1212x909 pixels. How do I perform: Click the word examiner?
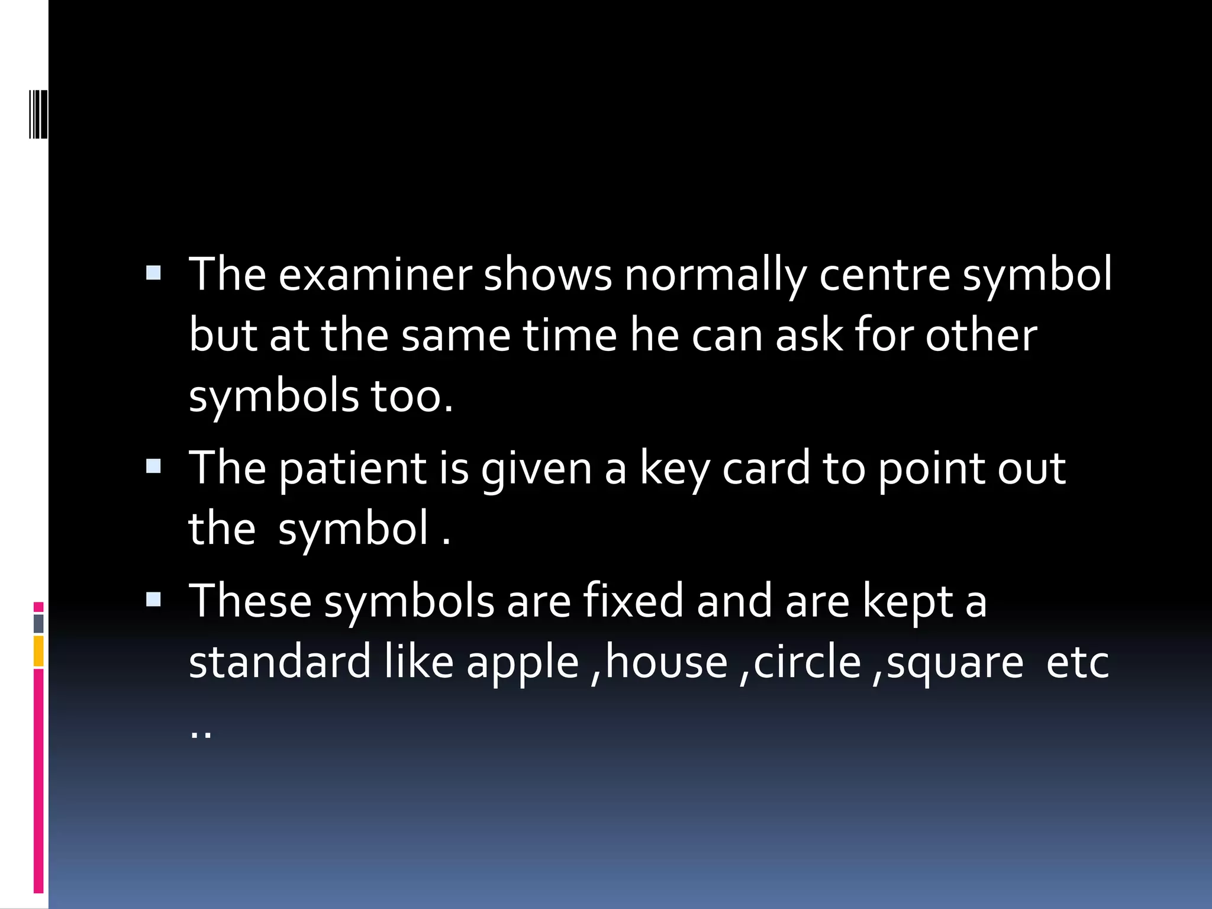pos(375,276)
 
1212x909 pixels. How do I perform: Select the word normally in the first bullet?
pos(715,276)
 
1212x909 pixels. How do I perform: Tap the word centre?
pos(884,276)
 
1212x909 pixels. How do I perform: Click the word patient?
pos(353,469)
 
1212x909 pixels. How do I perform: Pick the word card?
pos(766,469)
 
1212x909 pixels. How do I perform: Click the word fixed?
pos(633,601)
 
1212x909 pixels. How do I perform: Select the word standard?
pos(279,662)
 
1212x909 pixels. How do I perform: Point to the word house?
pos(666,662)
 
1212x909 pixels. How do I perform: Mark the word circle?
pos(807,662)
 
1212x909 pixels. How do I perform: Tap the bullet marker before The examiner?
pos(153,273)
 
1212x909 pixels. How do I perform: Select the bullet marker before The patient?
pos(153,466)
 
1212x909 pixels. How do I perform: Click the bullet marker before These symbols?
pos(153,599)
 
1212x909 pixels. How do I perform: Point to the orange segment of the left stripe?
pos(38,651)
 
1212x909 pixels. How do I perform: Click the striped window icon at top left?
pos(38,114)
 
